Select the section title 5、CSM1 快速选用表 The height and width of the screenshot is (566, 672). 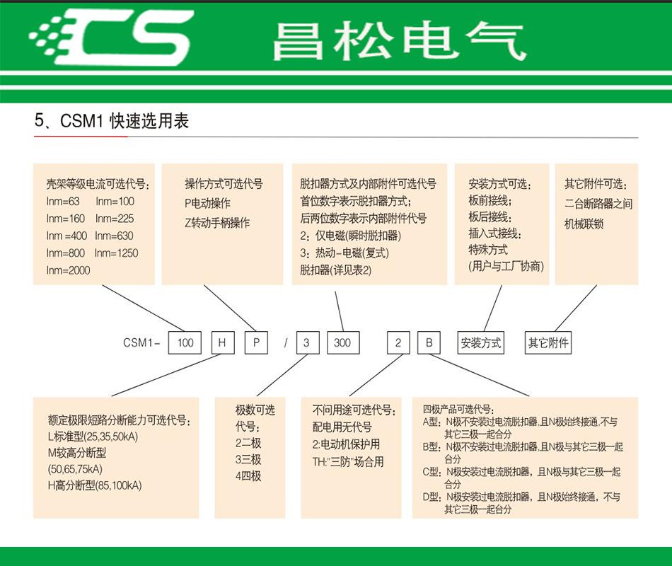pos(112,121)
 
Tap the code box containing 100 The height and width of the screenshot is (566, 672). pos(185,343)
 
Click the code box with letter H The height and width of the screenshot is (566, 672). pos(222,343)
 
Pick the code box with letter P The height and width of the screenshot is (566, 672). pos(255,343)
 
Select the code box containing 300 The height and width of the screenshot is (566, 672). pos(342,343)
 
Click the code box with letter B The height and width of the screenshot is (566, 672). pos(429,343)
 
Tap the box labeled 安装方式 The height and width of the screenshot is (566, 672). pos(481,343)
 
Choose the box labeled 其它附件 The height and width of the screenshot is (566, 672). pos(549,343)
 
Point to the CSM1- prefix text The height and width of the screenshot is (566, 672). pos(142,343)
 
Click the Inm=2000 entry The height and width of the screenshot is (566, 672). pos(69,270)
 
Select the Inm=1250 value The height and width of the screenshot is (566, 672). pos(116,253)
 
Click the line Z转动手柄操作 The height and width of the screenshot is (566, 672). pos(217,222)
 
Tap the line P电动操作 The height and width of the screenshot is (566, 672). pos(207,203)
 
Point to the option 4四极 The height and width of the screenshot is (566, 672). pos(248,475)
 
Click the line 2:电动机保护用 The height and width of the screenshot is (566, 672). pos(347,444)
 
